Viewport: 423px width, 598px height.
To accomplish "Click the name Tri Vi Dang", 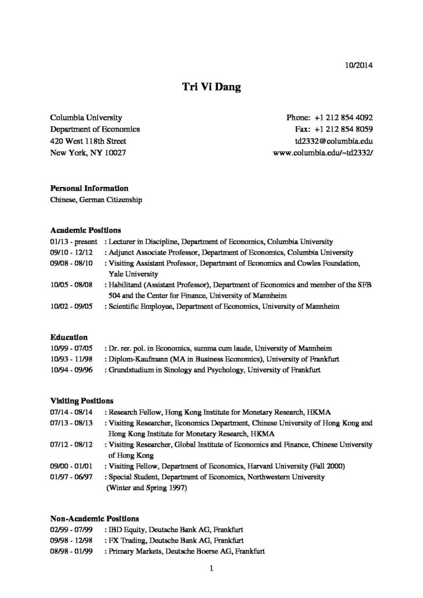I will pos(211,88).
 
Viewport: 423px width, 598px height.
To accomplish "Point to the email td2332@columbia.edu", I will pos(334,141).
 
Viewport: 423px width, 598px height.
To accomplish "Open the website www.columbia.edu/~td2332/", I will pos(323,154).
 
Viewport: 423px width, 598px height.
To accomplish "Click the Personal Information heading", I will pos(89,189).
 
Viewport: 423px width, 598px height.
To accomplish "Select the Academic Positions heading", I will pos(85,230).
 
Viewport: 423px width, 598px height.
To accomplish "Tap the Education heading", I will pos(69,337).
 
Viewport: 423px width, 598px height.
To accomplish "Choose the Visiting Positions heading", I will pos(82,401).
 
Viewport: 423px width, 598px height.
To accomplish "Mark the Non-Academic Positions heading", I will pos(95,518).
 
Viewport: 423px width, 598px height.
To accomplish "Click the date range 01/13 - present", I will pos(74,241).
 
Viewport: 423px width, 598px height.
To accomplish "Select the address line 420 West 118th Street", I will pos(88,141).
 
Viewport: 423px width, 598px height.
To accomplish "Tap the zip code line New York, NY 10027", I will pos(88,154).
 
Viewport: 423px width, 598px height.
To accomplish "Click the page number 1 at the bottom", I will pos(211,567).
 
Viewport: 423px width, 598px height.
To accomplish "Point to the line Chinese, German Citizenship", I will pos(96,200).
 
